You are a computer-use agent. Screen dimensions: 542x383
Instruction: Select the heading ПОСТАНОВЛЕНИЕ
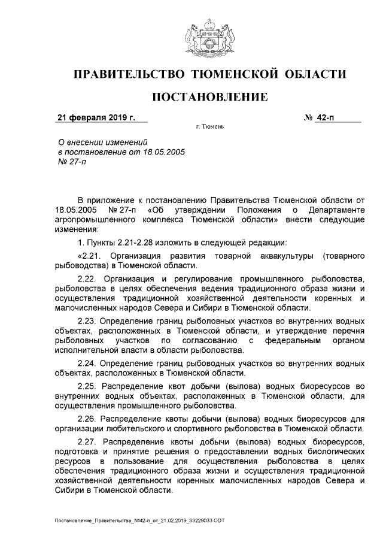(x=209, y=96)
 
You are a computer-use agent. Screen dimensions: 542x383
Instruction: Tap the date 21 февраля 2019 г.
(x=96, y=117)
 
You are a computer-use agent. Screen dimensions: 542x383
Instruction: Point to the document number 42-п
(x=326, y=117)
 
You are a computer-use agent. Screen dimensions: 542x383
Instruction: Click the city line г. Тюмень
(x=209, y=127)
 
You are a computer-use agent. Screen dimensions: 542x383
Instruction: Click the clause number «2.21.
(x=90, y=256)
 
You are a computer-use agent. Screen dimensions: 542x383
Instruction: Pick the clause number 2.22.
(x=90, y=279)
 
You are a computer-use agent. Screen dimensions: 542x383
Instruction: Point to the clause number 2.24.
(x=90, y=363)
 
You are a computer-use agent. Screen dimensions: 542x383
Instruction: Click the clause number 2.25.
(x=90, y=386)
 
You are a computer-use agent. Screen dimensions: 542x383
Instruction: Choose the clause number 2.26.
(x=90, y=419)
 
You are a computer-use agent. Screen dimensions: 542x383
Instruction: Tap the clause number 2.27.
(x=90, y=442)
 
